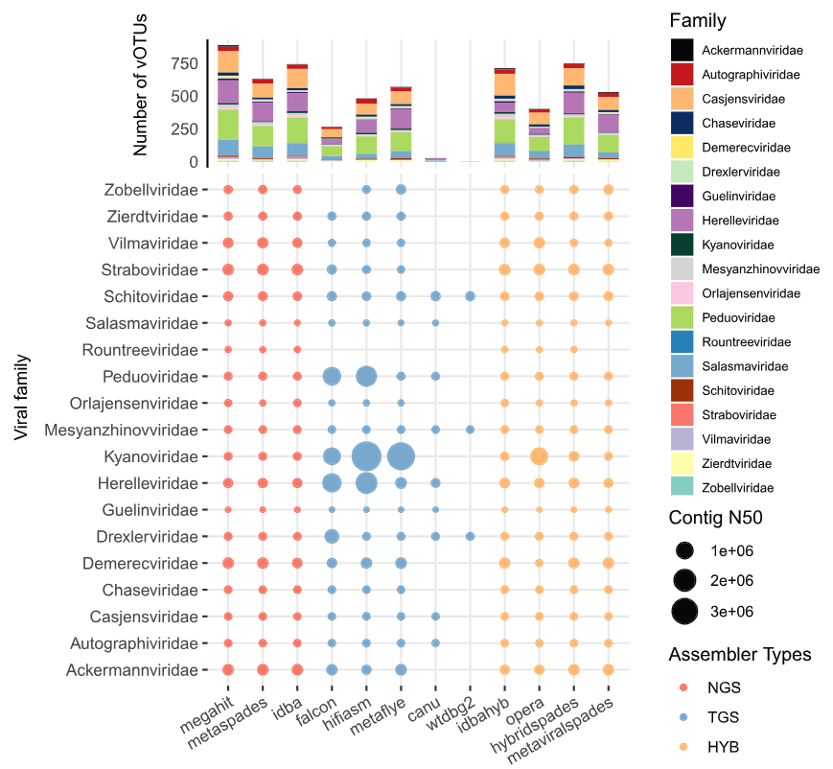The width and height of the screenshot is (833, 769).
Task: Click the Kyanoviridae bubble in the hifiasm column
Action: [366, 456]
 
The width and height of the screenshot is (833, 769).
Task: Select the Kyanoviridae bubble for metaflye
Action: [401, 456]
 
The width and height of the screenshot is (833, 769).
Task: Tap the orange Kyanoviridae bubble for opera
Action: [539, 456]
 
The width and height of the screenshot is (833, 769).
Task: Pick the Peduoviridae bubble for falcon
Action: [332, 376]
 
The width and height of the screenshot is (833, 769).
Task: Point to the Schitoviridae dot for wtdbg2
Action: [470, 296]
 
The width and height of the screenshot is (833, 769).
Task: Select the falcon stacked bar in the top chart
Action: [332, 144]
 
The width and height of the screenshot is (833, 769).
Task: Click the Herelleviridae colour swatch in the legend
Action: [682, 221]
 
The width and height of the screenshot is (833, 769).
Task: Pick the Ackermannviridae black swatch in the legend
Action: [682, 50]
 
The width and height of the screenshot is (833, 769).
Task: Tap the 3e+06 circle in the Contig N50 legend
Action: [683, 609]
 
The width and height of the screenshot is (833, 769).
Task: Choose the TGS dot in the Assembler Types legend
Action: [683, 716]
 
